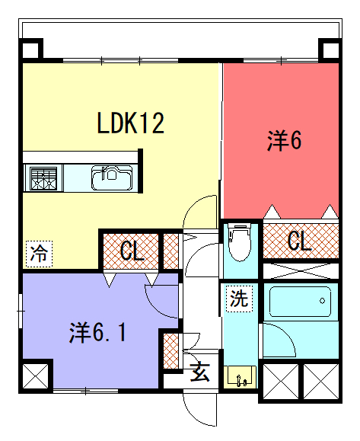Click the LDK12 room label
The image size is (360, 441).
130,123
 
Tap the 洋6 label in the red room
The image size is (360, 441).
284,141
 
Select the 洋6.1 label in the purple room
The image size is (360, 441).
97,333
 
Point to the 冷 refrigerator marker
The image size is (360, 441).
39,254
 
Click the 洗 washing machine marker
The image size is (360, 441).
239,299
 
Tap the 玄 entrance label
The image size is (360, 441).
200,372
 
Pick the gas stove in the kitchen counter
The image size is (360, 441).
43,178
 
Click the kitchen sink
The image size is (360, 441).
112,177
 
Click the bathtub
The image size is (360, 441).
300,302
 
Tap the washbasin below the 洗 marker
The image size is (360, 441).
240,376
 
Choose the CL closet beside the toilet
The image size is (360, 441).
301,241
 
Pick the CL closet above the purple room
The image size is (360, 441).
131,251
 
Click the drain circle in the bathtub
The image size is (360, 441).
323,301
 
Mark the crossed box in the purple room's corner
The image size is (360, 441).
36,376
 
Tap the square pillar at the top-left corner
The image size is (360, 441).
30,50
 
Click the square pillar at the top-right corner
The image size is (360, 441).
330,50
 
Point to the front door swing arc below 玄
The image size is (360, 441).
192,414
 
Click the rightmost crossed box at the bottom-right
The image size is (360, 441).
321,382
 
